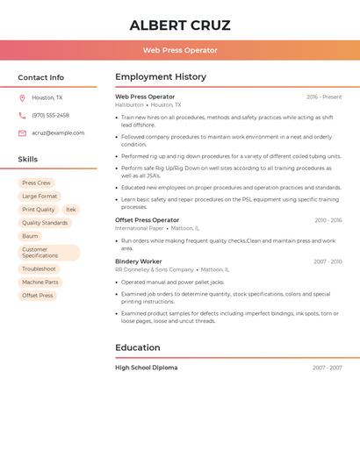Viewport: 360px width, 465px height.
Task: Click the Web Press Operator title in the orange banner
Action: pyautogui.click(x=180, y=50)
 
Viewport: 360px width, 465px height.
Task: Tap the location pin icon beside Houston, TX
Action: pyautogui.click(x=22, y=97)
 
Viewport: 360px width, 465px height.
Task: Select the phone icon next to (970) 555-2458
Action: pyautogui.click(x=22, y=115)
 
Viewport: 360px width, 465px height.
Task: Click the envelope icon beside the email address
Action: pyautogui.click(x=22, y=132)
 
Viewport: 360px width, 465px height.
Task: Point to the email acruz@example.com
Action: pyautogui.click(x=58, y=132)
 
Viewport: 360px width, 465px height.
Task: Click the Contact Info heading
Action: pyautogui.click(x=41, y=77)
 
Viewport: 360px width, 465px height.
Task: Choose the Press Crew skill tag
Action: pyautogui.click(x=36, y=182)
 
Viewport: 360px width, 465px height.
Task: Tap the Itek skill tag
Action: pyautogui.click(x=71, y=210)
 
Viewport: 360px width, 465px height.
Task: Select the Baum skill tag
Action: pyautogui.click(x=30, y=236)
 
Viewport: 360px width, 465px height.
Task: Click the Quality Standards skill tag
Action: pyautogui.click(x=45, y=223)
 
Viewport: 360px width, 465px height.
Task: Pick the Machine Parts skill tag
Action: pyautogui.click(x=40, y=283)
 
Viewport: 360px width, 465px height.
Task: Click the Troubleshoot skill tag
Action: pyautogui.click(x=39, y=268)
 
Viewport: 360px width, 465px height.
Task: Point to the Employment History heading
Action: pyautogui.click(x=161, y=76)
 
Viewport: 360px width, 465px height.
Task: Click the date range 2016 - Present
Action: pyautogui.click(x=324, y=97)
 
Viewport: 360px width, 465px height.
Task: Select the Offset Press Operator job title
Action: pyautogui.click(x=147, y=220)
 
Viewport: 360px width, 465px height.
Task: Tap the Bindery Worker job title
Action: pyautogui.click(x=139, y=261)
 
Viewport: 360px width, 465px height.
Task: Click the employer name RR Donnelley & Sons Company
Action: pyautogui.click(x=155, y=269)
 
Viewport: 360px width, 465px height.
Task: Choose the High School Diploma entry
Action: pyautogui.click(x=146, y=368)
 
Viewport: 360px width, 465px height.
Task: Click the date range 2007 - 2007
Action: pyautogui.click(x=327, y=368)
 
